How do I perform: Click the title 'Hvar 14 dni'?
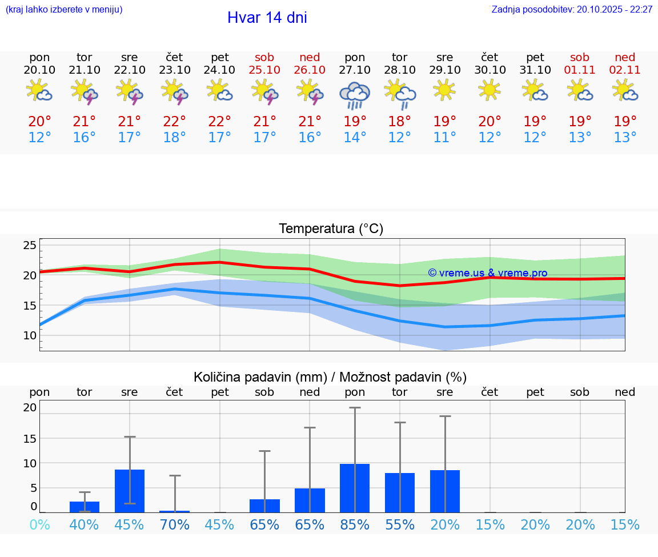[x=267, y=18]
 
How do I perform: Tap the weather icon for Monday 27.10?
[x=355, y=95]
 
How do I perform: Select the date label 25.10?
[x=264, y=70]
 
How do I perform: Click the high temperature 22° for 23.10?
[x=174, y=122]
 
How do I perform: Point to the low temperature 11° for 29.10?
[x=444, y=138]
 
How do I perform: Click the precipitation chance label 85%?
[x=355, y=525]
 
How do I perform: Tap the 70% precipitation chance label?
[x=174, y=525]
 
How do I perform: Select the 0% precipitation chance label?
[x=39, y=525]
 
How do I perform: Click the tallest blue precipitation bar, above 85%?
[x=355, y=488]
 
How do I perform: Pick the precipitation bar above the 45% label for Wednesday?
[x=130, y=491]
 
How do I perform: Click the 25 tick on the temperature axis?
[x=30, y=246]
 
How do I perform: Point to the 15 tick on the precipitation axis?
[x=30, y=439]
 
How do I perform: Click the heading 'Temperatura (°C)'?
[x=331, y=229]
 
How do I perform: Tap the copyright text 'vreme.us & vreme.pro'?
[x=488, y=273]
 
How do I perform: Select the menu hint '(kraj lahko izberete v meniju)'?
[x=63, y=10]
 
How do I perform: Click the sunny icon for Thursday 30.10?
[x=490, y=90]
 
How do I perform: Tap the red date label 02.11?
[x=625, y=70]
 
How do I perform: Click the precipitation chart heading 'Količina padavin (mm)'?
[x=260, y=377]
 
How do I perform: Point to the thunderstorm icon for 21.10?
[x=85, y=91]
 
